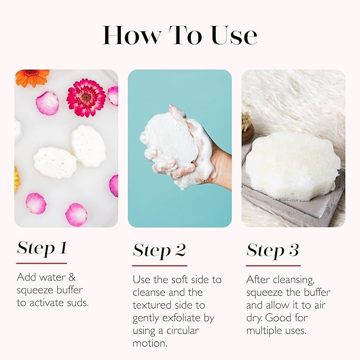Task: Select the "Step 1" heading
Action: pos(41,249)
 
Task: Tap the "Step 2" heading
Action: pos(160,251)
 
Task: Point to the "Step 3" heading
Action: pos(273,250)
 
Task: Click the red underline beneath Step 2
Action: pos(160,265)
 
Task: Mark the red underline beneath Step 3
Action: pos(273,265)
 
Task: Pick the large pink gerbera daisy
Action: pos(86,98)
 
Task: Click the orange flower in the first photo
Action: pos(32,77)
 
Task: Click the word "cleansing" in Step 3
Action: pos(288,279)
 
